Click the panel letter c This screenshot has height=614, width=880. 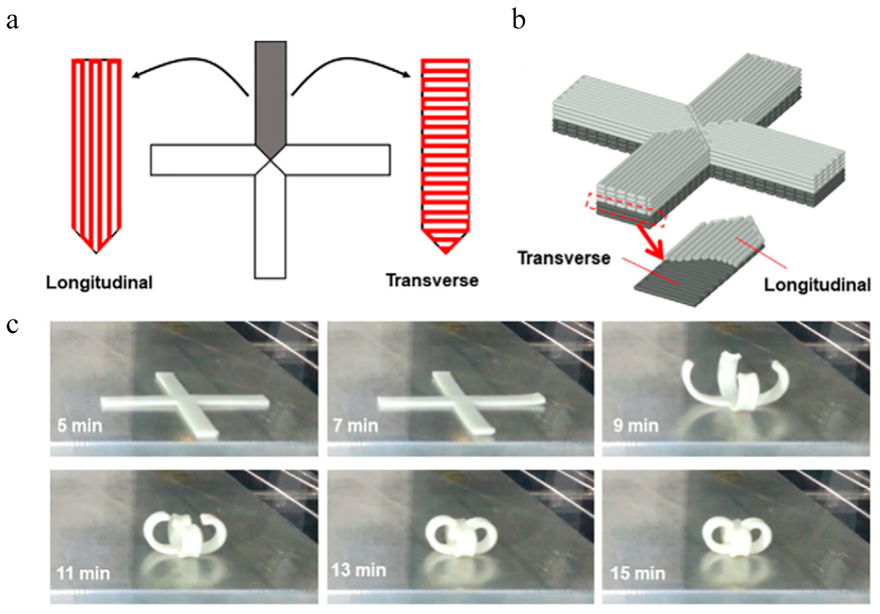pos(12,326)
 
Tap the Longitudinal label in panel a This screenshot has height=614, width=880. pos(99,283)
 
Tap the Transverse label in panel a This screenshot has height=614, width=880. pos(432,281)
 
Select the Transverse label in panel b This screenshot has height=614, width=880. pos(564,258)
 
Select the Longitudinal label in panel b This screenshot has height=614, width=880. pos(817,285)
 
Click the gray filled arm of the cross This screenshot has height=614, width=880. pos(270,96)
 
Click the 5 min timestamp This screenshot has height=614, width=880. pos(80,426)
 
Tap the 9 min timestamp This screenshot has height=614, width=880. pos(636,426)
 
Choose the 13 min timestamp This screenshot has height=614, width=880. pos(358,570)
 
